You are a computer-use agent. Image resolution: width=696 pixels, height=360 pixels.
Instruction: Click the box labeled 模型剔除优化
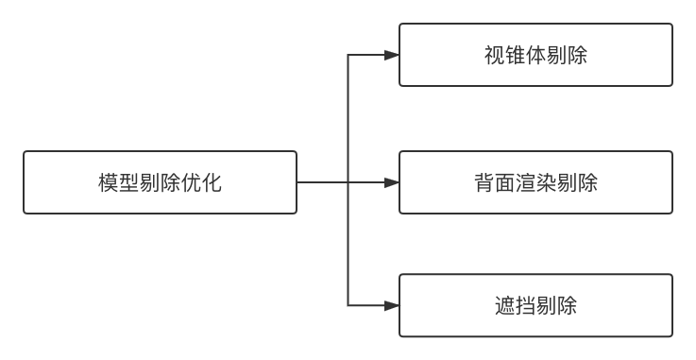click(x=160, y=181)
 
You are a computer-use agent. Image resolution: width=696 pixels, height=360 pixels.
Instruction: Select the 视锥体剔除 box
click(x=535, y=55)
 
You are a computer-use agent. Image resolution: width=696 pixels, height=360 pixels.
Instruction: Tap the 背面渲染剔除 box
click(x=535, y=181)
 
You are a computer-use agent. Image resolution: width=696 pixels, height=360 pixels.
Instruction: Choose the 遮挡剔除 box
click(x=535, y=305)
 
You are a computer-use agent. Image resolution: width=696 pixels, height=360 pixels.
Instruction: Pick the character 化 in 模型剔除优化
click(x=212, y=182)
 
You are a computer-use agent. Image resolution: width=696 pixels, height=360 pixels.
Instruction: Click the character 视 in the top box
click(x=494, y=56)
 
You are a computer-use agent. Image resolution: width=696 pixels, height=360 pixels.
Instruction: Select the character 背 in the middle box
click(x=484, y=182)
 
